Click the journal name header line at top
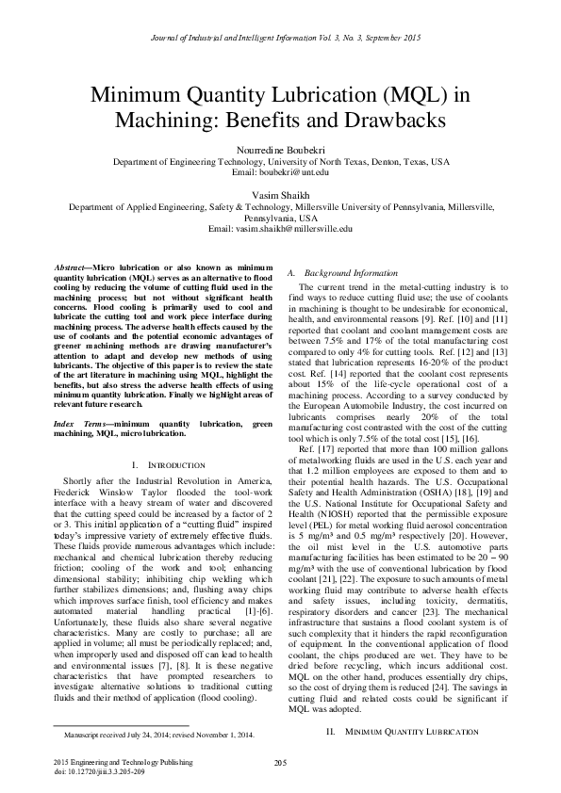pyautogui.click(x=280, y=37)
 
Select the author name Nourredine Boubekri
pyautogui.click(x=280, y=150)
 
